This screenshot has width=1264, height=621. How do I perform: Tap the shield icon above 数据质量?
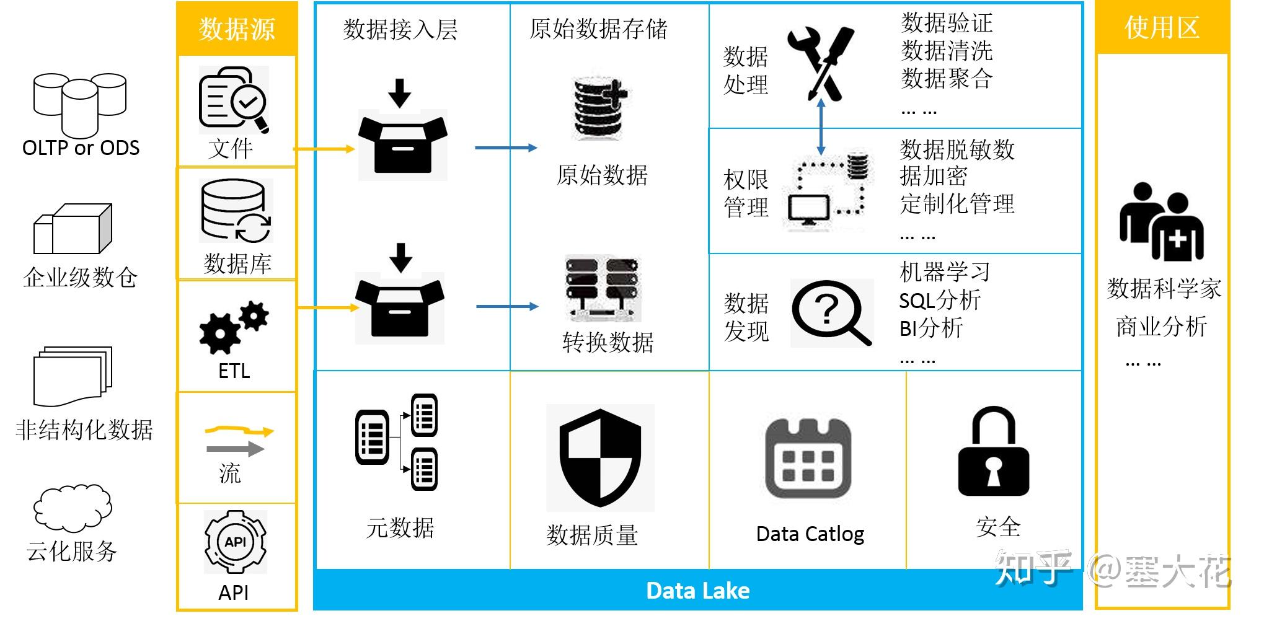click(x=600, y=458)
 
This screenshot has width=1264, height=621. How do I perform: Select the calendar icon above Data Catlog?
click(x=808, y=459)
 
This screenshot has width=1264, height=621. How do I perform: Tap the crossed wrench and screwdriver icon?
click(x=820, y=62)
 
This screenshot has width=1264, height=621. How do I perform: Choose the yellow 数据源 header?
click(x=237, y=29)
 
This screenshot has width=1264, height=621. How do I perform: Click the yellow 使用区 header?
click(x=1162, y=27)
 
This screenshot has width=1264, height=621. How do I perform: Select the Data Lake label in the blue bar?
click(x=697, y=591)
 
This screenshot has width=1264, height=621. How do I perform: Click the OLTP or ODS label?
click(x=81, y=148)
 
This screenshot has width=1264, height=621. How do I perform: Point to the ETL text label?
click(x=234, y=371)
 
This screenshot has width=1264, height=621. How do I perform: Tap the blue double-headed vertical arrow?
click(x=821, y=127)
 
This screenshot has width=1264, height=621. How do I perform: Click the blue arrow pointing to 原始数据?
click(x=506, y=148)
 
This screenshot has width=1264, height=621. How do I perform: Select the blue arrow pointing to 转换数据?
click(x=507, y=307)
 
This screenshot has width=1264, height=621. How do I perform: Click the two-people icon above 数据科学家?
click(x=1161, y=222)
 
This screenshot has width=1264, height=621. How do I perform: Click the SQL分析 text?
click(x=940, y=301)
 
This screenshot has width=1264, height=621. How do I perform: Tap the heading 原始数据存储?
click(x=598, y=29)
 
